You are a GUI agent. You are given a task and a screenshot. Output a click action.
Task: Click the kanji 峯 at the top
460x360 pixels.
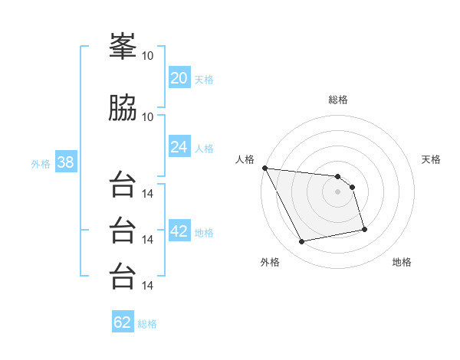[123, 46]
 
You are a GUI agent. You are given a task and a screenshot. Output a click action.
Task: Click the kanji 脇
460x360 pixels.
[123, 107]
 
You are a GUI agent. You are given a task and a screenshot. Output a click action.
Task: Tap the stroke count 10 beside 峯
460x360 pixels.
[147, 56]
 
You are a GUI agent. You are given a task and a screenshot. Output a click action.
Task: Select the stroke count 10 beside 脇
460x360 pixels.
[147, 117]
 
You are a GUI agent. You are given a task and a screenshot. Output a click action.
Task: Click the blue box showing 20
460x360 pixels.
[179, 77]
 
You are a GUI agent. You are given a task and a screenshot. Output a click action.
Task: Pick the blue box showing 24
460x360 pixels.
[179, 146]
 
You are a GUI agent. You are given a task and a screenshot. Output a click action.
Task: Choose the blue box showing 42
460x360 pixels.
[179, 230]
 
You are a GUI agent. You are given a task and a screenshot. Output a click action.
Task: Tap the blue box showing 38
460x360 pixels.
[66, 162]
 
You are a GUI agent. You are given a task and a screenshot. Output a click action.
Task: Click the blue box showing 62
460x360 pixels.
[123, 321]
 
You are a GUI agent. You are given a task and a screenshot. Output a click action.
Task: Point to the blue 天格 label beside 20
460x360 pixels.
[204, 80]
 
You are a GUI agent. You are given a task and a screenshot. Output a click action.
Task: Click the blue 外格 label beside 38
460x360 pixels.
[41, 164]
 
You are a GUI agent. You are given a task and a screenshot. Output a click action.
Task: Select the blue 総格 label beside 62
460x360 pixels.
[147, 324]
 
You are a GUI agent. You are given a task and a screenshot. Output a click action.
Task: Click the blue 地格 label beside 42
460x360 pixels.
[204, 233]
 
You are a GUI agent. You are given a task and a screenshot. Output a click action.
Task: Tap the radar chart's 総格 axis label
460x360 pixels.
[338, 100]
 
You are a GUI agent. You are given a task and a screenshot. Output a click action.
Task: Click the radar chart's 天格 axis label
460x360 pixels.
[431, 159]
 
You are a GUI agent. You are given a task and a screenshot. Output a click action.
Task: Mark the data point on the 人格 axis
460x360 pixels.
[265, 168]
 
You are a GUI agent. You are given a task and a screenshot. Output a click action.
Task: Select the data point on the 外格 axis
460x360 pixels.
[301, 241]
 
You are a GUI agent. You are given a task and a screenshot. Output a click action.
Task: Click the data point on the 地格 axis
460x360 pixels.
[364, 229]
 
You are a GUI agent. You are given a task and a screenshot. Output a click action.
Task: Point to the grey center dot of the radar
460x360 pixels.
[337, 191]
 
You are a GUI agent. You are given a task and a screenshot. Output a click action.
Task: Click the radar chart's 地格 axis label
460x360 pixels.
[402, 262]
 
